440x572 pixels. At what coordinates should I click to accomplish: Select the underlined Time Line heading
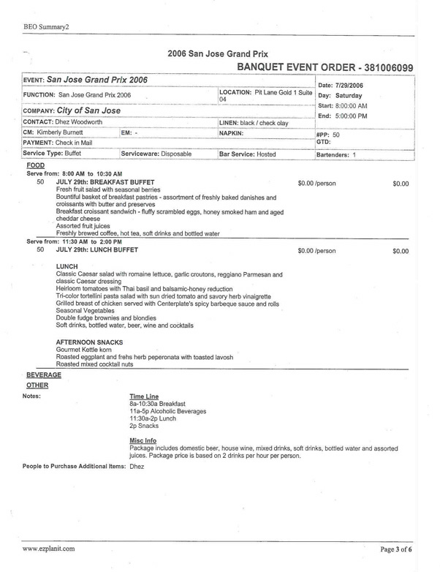tap(144, 396)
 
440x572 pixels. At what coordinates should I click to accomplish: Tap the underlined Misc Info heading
tap(143, 440)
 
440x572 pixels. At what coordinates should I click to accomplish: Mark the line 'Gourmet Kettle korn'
tap(90, 350)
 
